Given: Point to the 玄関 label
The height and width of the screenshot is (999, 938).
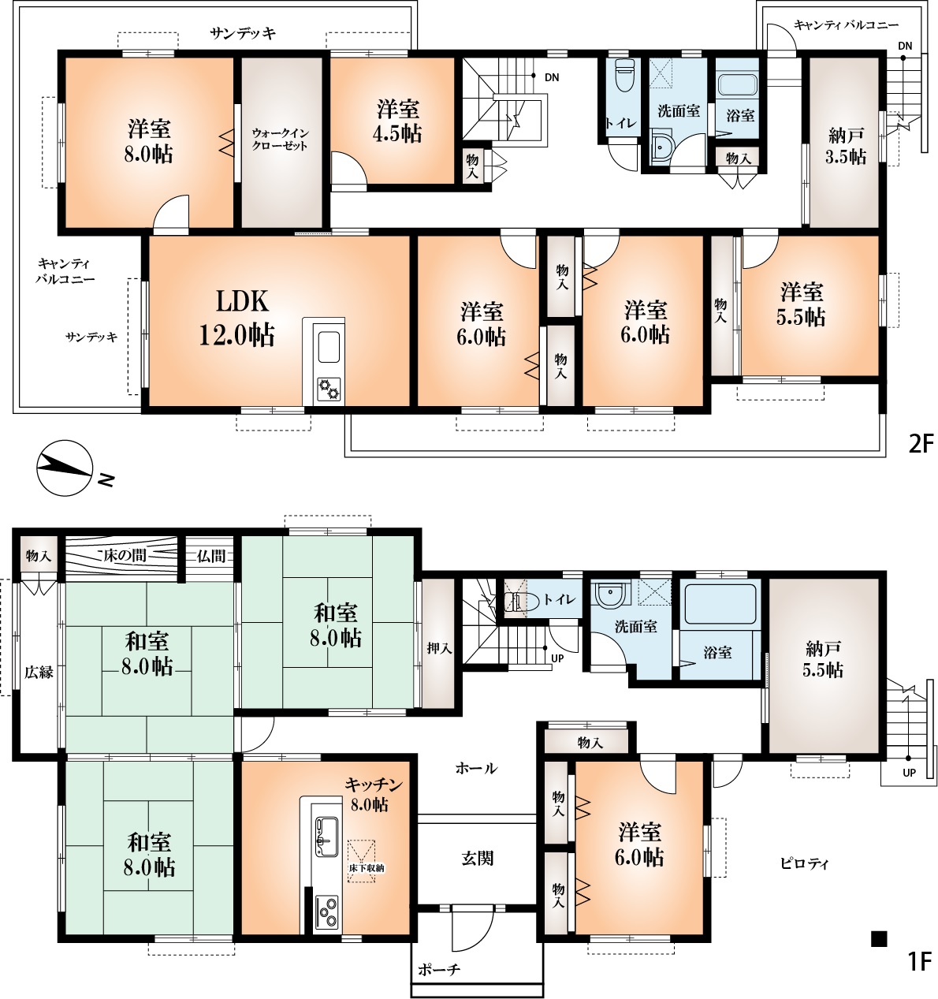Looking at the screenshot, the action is [478, 858].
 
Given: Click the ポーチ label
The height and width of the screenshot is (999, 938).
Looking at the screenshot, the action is [438, 969].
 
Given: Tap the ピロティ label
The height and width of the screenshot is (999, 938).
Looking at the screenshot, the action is [805, 864].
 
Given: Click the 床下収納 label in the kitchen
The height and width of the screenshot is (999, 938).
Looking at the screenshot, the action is [368, 868].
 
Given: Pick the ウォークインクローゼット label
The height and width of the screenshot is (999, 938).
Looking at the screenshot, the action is [280, 140].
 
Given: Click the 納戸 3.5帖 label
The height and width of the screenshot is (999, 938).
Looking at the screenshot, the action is [846, 147].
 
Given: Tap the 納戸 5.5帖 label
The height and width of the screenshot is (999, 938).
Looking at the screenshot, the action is [823, 659].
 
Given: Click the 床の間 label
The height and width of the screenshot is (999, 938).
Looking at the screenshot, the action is [125, 555].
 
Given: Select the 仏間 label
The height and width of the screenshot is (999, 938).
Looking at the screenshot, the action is [210, 556].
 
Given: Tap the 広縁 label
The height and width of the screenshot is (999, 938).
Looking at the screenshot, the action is [39, 672].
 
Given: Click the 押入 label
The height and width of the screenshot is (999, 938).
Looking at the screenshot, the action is [439, 648].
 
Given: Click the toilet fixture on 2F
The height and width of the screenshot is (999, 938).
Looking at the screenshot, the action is [624, 76].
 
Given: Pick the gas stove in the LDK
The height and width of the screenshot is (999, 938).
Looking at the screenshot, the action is [329, 389].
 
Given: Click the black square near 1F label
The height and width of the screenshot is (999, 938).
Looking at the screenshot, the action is [879, 939].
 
